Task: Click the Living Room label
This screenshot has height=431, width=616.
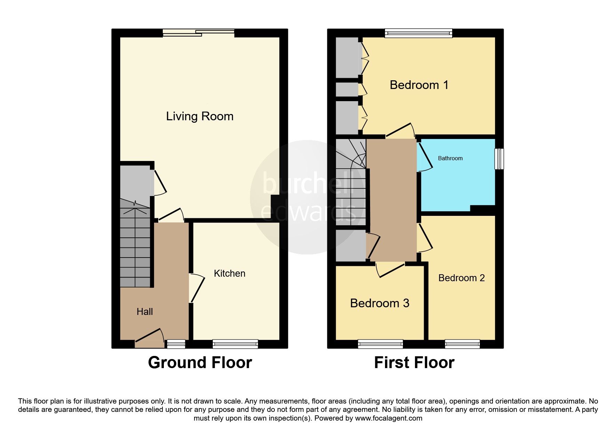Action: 200,116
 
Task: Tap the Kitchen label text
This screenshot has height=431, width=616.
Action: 230,274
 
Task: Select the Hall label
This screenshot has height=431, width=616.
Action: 145,312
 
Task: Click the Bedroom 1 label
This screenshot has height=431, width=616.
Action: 419,85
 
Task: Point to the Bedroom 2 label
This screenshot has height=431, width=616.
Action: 461,278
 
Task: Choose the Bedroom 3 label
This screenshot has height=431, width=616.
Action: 379,303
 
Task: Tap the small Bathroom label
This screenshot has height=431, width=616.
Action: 450,158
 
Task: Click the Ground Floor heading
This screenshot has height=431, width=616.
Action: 200,363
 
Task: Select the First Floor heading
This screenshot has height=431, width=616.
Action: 414,363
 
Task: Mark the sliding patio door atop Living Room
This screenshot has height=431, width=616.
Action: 199,33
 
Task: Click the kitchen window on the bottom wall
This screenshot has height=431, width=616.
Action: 235,344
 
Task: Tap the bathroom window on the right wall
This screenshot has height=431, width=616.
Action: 499,159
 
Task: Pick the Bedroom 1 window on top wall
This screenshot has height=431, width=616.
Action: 418,33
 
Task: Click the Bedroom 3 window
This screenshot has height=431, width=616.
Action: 380,344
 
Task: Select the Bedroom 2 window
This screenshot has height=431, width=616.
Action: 462,344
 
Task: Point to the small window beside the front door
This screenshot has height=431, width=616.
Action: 176,344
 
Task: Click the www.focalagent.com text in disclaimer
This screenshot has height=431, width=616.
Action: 389,418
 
